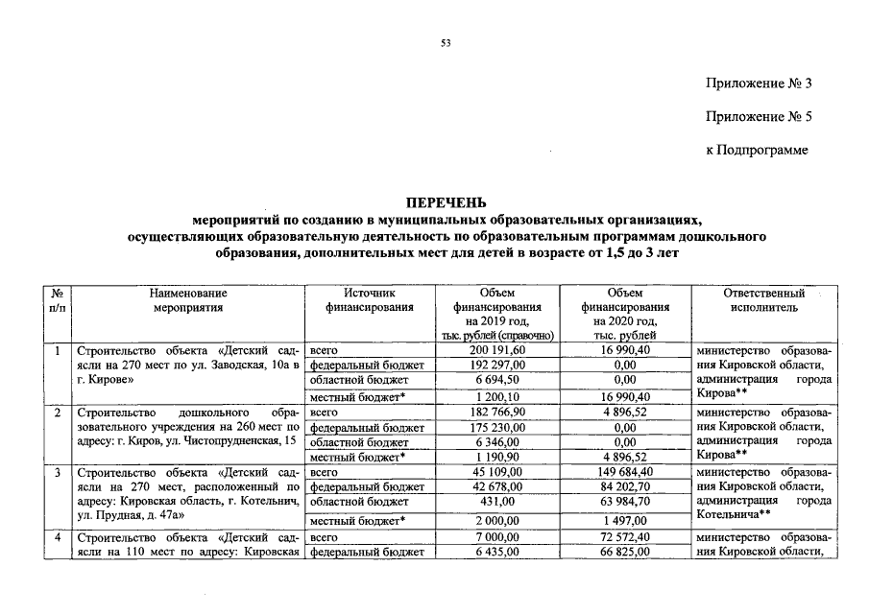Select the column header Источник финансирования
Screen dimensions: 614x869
pyautogui.click(x=370, y=300)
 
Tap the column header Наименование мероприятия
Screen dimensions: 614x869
pyautogui.click(x=188, y=300)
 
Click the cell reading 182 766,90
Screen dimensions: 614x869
pyautogui.click(x=502, y=412)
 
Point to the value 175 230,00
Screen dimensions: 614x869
pyautogui.click(x=502, y=427)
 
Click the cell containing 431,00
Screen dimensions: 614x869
pyautogui.click(x=502, y=502)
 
